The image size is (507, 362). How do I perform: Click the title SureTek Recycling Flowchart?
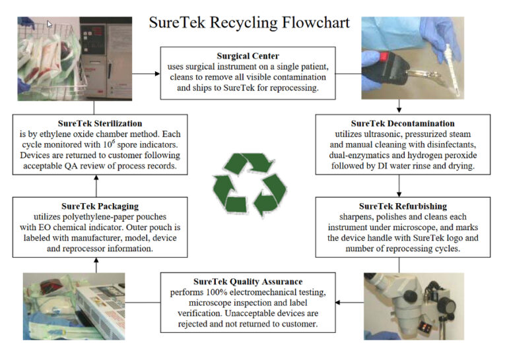pyautogui.click(x=249, y=22)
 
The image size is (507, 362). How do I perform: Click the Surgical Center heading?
pyautogui.click(x=248, y=56)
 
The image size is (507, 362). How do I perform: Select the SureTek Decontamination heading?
pyautogui.click(x=402, y=123)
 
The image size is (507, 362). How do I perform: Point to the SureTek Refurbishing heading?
pyautogui.click(x=402, y=206)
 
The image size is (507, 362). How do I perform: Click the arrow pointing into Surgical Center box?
pyautogui.click(x=157, y=69)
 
